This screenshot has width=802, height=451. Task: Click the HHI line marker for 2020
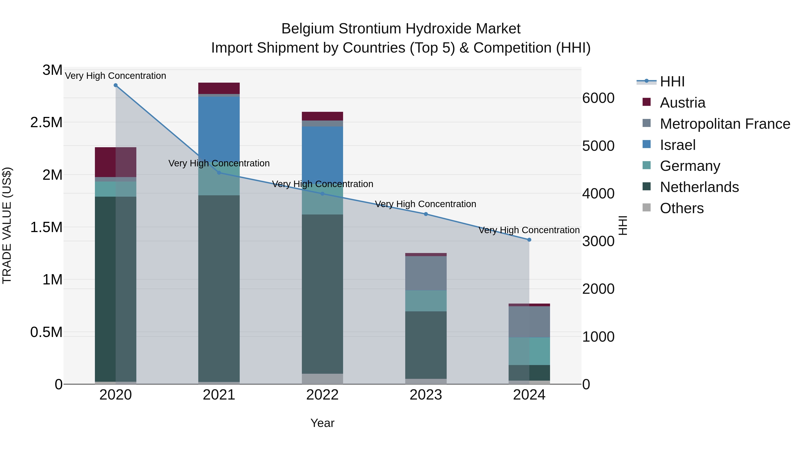115,85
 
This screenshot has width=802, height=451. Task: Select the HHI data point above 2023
426,214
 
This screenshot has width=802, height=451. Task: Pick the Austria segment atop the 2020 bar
115,162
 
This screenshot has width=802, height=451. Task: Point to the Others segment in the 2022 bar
322,379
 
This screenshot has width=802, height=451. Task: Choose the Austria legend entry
682,103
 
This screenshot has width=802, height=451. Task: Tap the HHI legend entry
672,82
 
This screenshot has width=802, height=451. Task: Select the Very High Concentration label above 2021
219,163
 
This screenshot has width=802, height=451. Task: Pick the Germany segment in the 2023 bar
426,301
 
